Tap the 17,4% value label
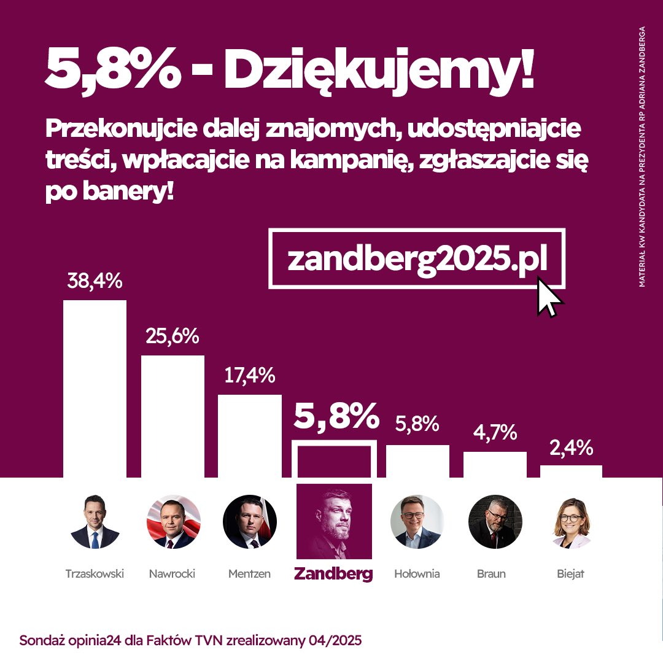249,375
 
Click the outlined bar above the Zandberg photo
334,459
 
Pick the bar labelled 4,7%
495,465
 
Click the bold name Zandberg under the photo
333,574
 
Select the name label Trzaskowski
95,575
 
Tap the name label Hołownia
417,575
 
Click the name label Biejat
572,575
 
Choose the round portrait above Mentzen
250,522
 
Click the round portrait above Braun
495,522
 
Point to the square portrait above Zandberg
334,521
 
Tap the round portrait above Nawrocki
173,522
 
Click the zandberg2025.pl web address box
417,258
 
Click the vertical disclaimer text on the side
642,157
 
